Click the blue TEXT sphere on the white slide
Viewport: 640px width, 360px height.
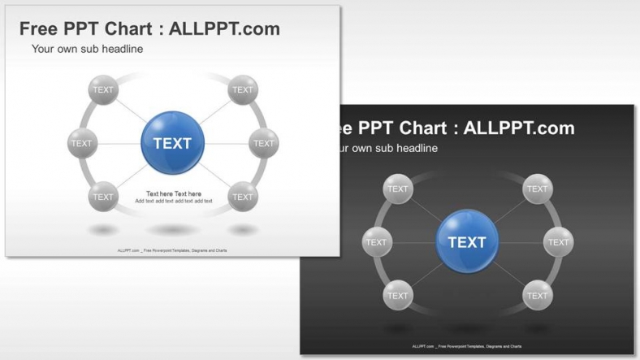(x=172, y=143)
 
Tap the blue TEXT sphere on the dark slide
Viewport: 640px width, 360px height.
(x=467, y=241)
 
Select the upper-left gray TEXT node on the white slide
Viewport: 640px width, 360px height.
(x=103, y=89)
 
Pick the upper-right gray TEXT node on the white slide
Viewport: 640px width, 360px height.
(x=242, y=89)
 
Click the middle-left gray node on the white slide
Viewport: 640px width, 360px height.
(x=82, y=143)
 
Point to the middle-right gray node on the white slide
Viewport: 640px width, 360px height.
(x=263, y=143)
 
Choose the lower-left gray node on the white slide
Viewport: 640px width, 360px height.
(x=103, y=197)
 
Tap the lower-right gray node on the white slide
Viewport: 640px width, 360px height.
(x=242, y=197)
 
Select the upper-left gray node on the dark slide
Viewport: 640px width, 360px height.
(x=398, y=189)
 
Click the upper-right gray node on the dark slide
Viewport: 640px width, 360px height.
(x=537, y=189)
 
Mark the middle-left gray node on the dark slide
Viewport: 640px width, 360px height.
(x=377, y=242)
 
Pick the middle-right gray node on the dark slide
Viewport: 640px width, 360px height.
(x=558, y=242)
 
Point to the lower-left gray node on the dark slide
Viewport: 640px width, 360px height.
(x=398, y=296)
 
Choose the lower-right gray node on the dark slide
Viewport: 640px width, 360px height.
(x=537, y=296)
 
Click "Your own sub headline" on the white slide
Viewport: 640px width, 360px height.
(x=87, y=49)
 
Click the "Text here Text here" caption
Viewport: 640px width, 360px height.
(x=173, y=193)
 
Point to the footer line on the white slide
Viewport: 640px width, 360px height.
(x=172, y=250)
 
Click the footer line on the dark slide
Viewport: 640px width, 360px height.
(x=467, y=346)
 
